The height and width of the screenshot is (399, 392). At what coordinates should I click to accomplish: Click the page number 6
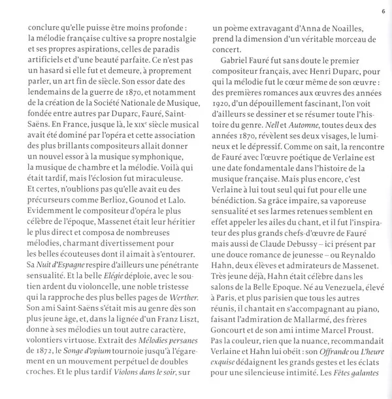tap(383, 11)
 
